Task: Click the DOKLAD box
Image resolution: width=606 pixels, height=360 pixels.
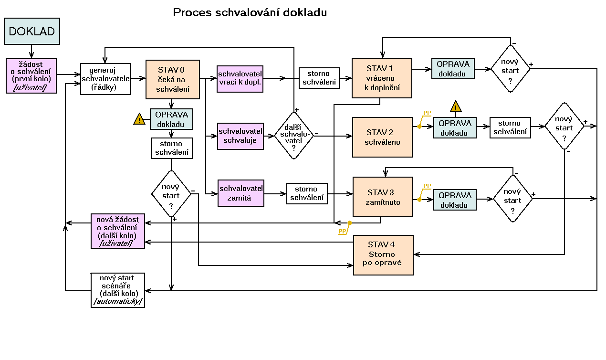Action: click(x=32, y=32)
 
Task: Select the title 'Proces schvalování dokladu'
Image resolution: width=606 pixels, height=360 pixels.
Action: click(x=250, y=13)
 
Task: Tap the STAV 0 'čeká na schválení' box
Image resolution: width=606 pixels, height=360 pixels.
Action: click(x=172, y=79)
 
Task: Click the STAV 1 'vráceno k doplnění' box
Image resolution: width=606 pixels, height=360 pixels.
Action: click(x=382, y=78)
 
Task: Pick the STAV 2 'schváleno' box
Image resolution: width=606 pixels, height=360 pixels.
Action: click(x=382, y=137)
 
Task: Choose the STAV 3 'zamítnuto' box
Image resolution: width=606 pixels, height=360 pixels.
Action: click(x=383, y=197)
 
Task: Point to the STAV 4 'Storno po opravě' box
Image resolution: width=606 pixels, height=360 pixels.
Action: click(x=383, y=255)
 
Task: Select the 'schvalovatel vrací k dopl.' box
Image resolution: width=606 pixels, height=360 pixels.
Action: click(x=240, y=78)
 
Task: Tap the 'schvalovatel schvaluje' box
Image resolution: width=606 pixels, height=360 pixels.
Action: click(x=240, y=136)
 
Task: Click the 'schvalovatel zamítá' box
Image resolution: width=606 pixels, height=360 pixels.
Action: click(x=241, y=193)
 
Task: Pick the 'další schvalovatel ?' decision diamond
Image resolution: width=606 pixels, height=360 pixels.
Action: click(x=294, y=136)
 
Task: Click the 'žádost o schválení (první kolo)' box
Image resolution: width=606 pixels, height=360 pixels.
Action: click(x=31, y=76)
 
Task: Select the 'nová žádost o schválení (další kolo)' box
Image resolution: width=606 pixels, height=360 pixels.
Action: click(x=117, y=231)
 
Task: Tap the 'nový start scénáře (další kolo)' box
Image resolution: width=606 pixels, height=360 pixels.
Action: click(x=117, y=290)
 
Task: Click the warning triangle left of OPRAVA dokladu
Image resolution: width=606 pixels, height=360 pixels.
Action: click(x=139, y=119)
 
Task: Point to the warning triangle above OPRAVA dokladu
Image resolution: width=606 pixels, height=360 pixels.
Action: click(x=456, y=106)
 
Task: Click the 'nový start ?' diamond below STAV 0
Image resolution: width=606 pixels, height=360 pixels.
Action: click(x=171, y=194)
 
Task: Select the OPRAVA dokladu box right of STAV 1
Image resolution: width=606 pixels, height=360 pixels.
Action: click(x=453, y=69)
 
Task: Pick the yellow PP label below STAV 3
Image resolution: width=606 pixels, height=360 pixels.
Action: click(x=342, y=232)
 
